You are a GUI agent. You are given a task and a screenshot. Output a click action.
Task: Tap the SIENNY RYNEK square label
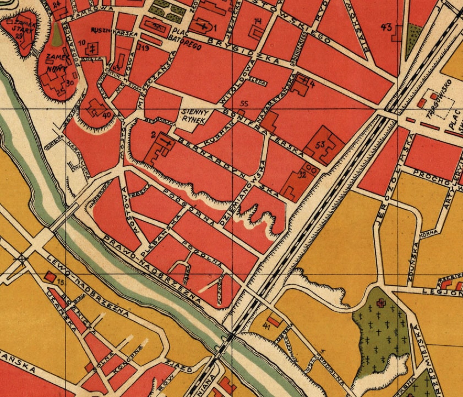[193, 116]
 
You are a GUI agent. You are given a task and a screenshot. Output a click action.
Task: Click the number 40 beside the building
[107, 114]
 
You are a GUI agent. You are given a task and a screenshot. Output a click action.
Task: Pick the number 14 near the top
[258, 21]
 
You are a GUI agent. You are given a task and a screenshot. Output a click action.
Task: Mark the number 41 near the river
[266, 326]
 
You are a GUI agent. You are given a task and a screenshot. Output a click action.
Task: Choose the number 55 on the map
[245, 103]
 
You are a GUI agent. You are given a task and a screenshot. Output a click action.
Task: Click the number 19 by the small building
[145, 48]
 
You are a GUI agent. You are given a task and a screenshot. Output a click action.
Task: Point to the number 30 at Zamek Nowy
[69, 82]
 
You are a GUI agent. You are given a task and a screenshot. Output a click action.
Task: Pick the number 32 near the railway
[301, 176]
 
